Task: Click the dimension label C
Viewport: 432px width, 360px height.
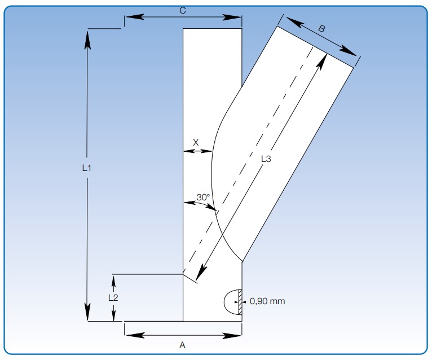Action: point(182,11)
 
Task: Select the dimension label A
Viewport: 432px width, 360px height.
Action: point(182,345)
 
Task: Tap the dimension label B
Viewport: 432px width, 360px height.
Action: point(321,28)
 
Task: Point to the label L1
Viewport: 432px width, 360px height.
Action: point(87,168)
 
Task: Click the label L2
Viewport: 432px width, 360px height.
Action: point(113,297)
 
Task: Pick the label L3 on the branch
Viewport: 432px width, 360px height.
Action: point(266,159)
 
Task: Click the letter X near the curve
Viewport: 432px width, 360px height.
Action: point(196,143)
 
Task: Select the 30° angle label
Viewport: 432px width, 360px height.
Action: point(203,197)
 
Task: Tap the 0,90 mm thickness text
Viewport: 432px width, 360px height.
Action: point(267,301)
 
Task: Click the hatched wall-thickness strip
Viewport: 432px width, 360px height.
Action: point(240,301)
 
